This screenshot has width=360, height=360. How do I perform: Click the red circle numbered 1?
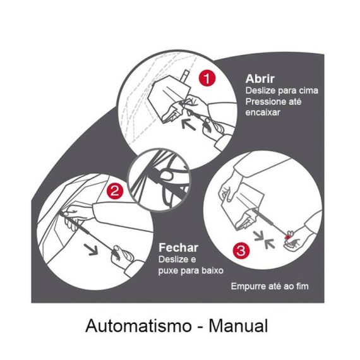[207, 78]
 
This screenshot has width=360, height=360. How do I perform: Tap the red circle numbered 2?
[114, 191]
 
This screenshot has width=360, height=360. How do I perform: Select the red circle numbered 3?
[241, 251]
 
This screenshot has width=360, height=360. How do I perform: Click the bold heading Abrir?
[260, 79]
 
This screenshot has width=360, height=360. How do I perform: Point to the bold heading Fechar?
[178, 248]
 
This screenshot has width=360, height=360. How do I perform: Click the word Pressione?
[265, 102]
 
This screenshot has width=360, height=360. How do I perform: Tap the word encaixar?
[263, 112]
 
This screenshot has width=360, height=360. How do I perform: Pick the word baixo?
[212, 270]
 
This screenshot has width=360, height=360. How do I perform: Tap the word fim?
[303, 286]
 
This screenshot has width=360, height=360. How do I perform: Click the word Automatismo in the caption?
[138, 325]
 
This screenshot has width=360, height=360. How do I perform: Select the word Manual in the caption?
[238, 325]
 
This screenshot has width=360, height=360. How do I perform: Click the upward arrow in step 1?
[188, 124]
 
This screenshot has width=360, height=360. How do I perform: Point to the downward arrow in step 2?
[91, 249]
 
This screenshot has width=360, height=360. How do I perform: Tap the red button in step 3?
[287, 237]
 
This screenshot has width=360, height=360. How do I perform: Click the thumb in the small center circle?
[166, 176]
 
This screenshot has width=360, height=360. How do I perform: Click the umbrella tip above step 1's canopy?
[185, 76]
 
